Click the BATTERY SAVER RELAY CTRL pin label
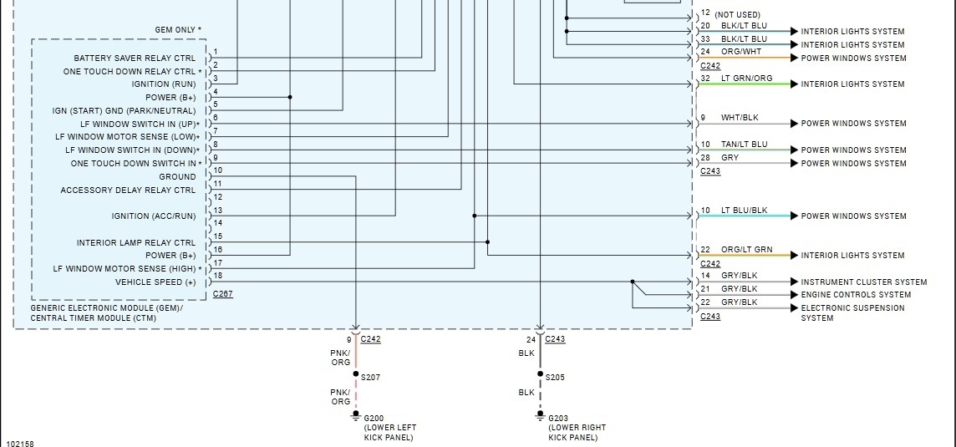pos(135,58)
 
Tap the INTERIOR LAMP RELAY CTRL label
pos(136,243)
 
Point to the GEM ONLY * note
pos(178,30)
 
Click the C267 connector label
pos(223,294)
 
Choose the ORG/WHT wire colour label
pos(741,52)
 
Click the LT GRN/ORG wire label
pos(746,79)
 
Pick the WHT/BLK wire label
pos(740,118)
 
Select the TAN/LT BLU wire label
pos(744,145)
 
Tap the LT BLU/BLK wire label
pos(744,211)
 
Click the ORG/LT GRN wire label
pos(746,250)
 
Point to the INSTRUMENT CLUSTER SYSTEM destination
pos(864,282)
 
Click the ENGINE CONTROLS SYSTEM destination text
pos(856,295)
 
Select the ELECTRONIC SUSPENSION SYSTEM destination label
pos(852,312)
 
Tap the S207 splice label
pos(370,378)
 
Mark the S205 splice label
pos(555,378)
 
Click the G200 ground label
pos(374,417)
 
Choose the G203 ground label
pos(558,417)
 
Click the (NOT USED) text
pos(738,14)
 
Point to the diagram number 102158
pos(20,444)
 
